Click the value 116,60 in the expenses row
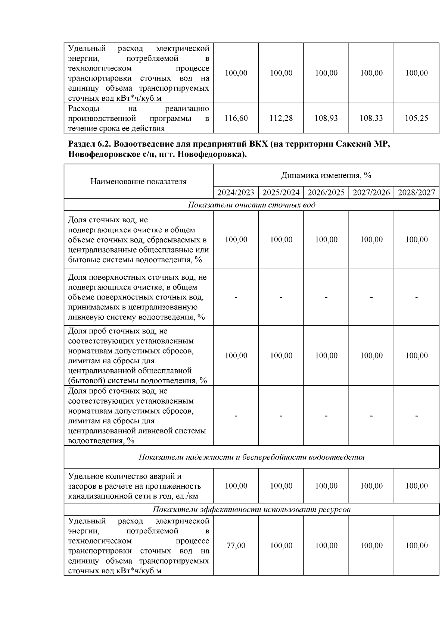point(236,118)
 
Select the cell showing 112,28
point(281,118)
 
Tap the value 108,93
point(326,118)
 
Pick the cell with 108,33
point(371,118)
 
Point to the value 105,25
point(417,118)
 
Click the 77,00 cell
point(236,546)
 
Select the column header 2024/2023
point(236,192)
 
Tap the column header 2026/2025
point(326,192)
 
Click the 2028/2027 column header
point(417,192)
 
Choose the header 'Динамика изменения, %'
point(326,175)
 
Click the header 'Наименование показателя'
point(139,182)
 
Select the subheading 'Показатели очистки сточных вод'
point(251,205)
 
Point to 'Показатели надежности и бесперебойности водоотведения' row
point(251,457)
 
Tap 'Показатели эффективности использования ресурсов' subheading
point(251,510)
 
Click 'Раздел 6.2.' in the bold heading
point(88,144)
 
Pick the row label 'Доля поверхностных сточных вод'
point(137,278)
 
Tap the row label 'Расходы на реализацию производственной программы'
point(139,118)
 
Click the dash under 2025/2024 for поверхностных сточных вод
point(281,297)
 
